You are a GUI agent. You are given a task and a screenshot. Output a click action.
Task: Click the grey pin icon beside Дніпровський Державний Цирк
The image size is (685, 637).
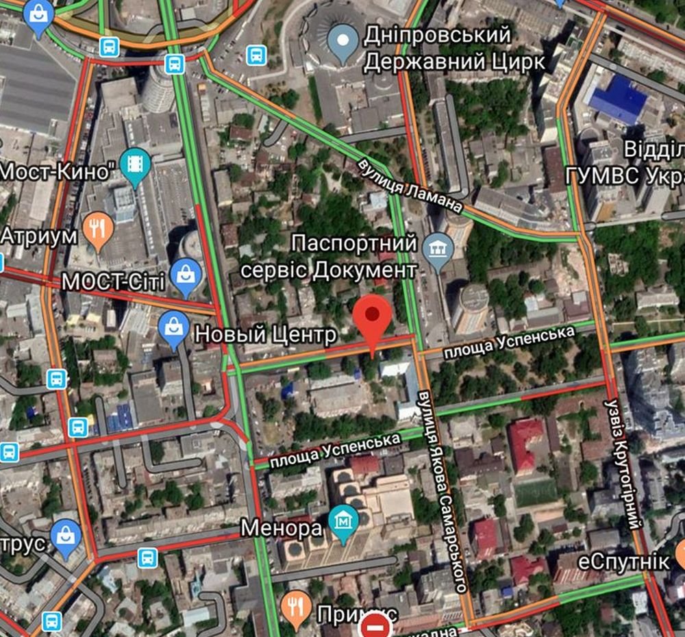(343, 38)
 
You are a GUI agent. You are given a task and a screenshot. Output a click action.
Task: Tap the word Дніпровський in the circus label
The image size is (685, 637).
(438, 34)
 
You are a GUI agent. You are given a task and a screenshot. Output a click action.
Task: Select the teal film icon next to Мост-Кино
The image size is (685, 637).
(135, 165)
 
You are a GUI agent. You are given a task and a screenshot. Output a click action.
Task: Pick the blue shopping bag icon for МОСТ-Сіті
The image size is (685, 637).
(186, 274)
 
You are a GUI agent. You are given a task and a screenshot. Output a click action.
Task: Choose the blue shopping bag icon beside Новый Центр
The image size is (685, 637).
(173, 327)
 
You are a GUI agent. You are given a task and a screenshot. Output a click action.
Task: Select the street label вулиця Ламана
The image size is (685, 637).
(410, 185)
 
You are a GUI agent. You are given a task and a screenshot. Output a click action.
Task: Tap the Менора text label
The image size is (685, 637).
(282, 528)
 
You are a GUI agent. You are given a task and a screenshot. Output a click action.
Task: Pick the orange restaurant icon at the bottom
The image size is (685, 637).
(297, 607)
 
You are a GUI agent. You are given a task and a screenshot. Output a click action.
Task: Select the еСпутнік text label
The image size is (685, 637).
(623, 562)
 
